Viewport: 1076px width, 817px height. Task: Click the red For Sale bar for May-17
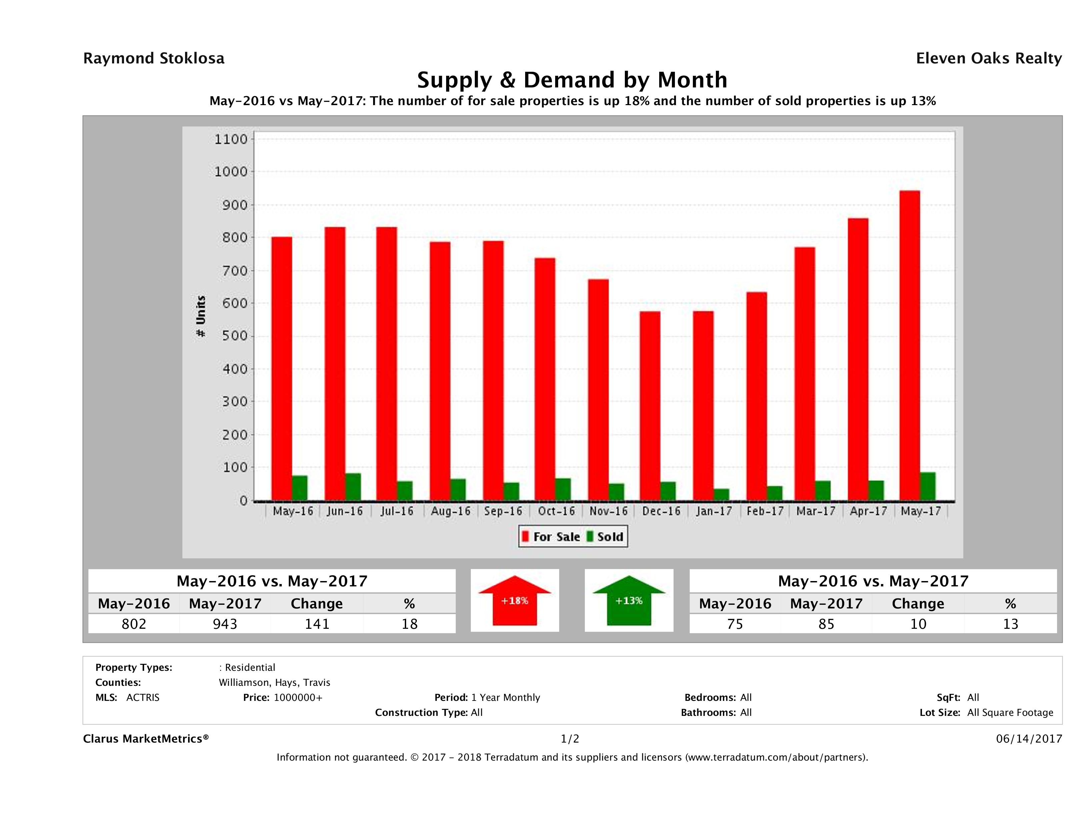tap(909, 346)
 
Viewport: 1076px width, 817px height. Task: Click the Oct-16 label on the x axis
tap(556, 511)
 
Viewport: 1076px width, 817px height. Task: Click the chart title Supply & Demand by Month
tap(572, 80)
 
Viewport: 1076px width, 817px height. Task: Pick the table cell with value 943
tap(225, 624)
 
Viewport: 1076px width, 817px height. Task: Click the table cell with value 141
tap(317, 624)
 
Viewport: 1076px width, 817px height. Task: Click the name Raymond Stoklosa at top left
tap(154, 58)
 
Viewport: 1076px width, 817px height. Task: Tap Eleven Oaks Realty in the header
tap(988, 58)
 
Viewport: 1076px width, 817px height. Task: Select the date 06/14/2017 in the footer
tap(1029, 739)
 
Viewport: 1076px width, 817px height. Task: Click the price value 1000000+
tap(298, 697)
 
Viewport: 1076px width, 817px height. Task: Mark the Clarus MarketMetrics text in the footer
tap(146, 739)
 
